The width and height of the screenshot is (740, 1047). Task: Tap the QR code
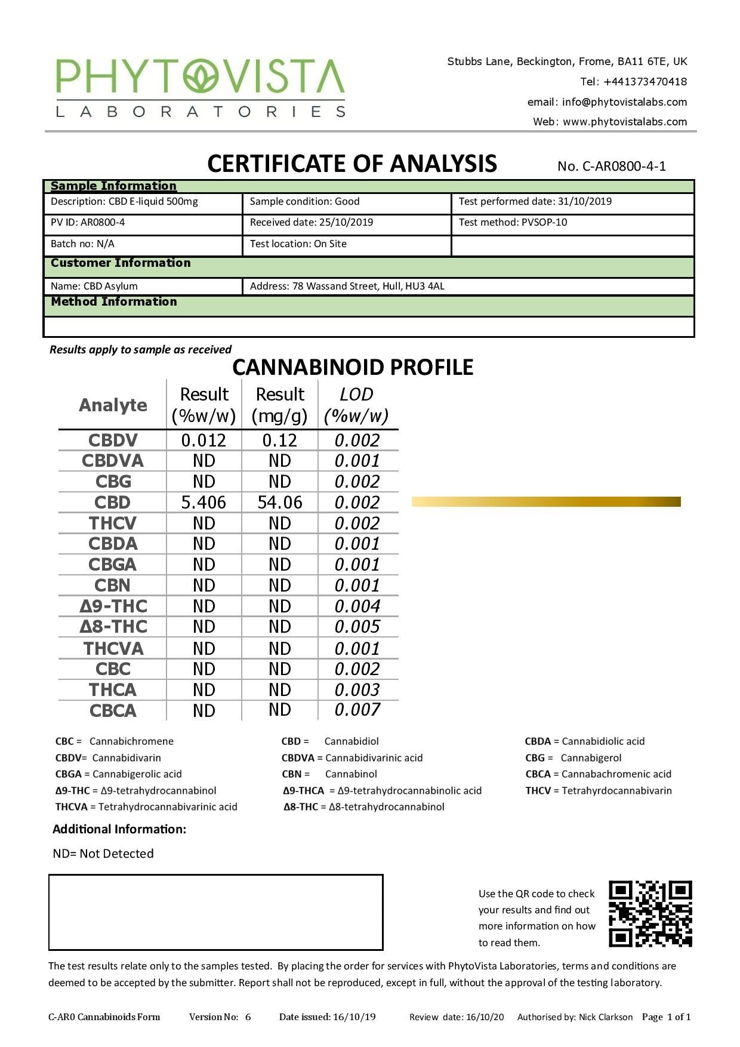tap(650, 913)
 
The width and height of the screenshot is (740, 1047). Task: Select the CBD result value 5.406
tap(203, 503)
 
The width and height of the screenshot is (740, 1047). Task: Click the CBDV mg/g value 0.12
tap(279, 441)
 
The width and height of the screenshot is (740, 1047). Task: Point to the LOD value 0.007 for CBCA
tap(357, 710)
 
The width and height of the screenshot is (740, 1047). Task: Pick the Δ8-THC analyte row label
tap(113, 627)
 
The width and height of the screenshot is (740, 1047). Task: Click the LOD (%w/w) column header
tap(356, 405)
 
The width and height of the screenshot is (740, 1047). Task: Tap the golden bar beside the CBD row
tap(545, 501)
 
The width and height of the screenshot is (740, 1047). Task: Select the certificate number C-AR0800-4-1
tap(612, 166)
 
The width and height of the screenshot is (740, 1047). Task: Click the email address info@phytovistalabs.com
tap(624, 102)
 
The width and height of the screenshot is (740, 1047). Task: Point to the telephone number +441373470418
tap(645, 82)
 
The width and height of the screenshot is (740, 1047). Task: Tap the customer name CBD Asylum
tap(110, 286)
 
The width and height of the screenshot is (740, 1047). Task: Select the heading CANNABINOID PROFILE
tap(353, 367)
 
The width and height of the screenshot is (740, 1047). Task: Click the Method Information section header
tap(114, 301)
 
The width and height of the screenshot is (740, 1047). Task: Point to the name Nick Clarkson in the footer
tap(605, 1017)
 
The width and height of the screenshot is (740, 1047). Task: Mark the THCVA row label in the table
tap(113, 648)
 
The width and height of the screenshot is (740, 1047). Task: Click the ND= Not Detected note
tap(103, 854)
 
